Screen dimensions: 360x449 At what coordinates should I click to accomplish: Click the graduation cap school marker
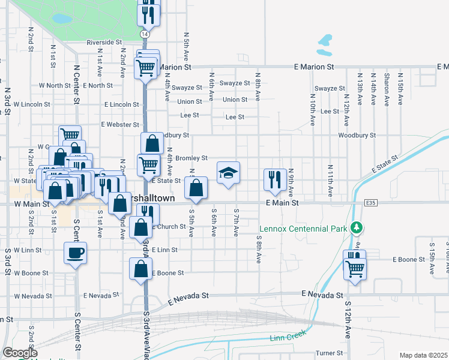click(228, 174)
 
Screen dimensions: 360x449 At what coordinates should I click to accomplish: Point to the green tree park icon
click(357, 227)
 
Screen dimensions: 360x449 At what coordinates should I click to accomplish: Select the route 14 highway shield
click(145, 34)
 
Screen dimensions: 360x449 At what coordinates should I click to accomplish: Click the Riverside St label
click(104, 43)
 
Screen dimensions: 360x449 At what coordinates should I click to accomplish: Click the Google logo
click(20, 353)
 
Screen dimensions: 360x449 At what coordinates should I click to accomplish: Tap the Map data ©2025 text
click(423, 355)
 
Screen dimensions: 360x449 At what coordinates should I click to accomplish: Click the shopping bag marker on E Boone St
click(140, 270)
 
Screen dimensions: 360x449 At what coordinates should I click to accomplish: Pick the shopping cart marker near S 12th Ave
click(355, 269)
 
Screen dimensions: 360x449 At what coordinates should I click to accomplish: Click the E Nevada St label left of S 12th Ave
click(322, 295)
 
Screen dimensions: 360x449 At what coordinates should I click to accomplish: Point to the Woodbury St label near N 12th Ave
click(357, 136)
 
